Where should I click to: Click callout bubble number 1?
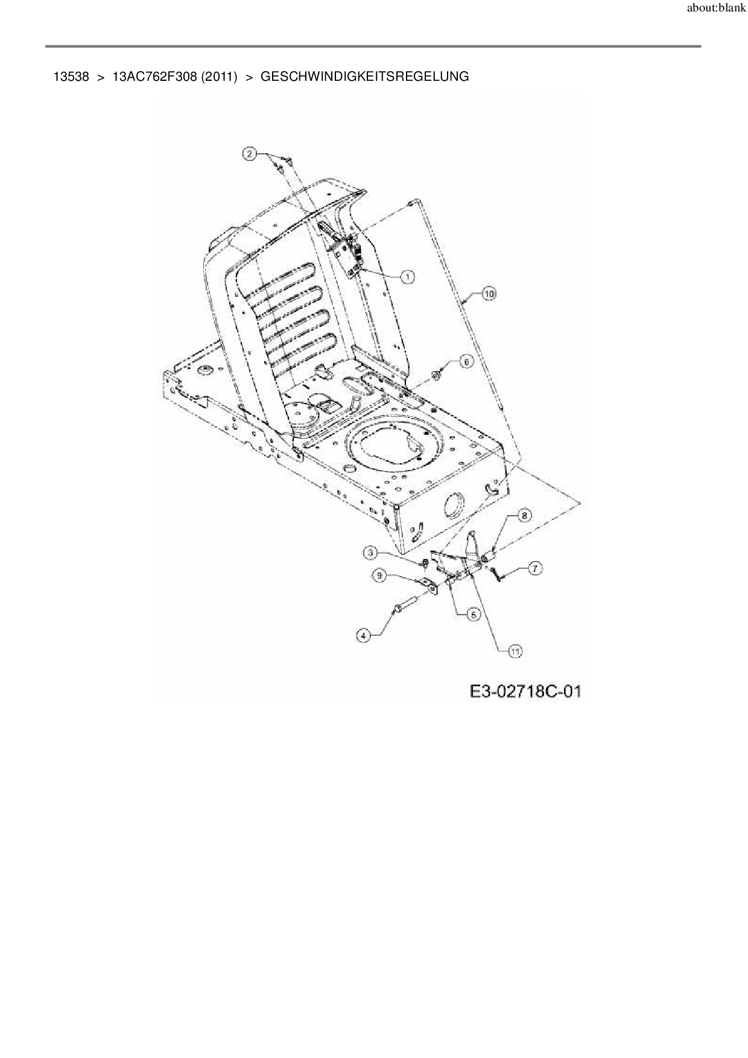(408, 277)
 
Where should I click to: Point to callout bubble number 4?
(363, 635)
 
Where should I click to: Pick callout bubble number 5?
(473, 615)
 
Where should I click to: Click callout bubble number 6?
(466, 361)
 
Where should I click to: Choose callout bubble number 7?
(534, 568)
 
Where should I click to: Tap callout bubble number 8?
(524, 515)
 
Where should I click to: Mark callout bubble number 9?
(380, 576)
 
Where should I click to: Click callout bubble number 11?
(515, 651)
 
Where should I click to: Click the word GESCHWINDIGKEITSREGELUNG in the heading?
(364, 77)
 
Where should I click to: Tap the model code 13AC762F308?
(154, 77)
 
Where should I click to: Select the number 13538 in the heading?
(71, 77)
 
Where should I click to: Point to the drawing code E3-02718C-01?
(525, 691)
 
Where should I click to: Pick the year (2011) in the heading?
(219, 77)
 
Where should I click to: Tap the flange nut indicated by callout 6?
(434, 375)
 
